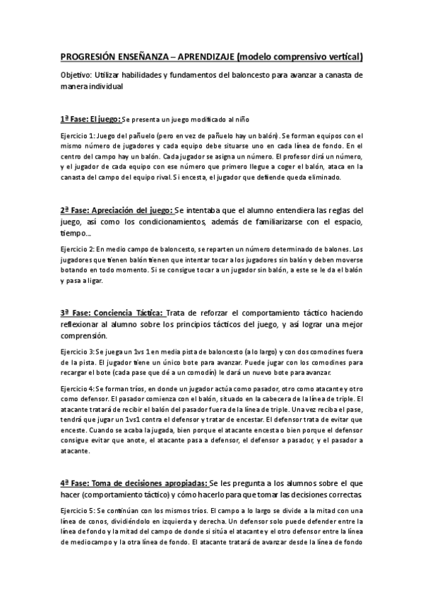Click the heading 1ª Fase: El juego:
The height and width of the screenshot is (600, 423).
(x=91, y=118)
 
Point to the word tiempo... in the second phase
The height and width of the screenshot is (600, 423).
(x=76, y=234)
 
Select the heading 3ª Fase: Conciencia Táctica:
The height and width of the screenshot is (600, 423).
(x=112, y=313)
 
